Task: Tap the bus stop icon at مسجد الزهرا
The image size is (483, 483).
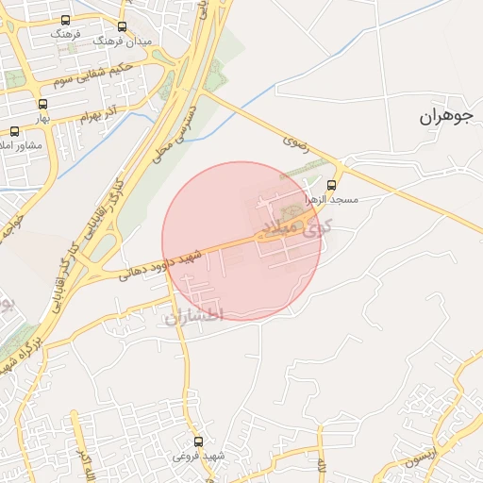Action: pos(331,185)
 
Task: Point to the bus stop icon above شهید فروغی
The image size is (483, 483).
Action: pos(198,441)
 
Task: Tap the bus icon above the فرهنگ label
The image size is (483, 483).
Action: pos(65,20)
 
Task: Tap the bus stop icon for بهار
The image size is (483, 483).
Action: pos(42,105)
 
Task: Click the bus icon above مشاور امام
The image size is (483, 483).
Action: pos(14,132)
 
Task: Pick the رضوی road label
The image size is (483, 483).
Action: pos(294,143)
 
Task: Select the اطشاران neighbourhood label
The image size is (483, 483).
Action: pos(193,316)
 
